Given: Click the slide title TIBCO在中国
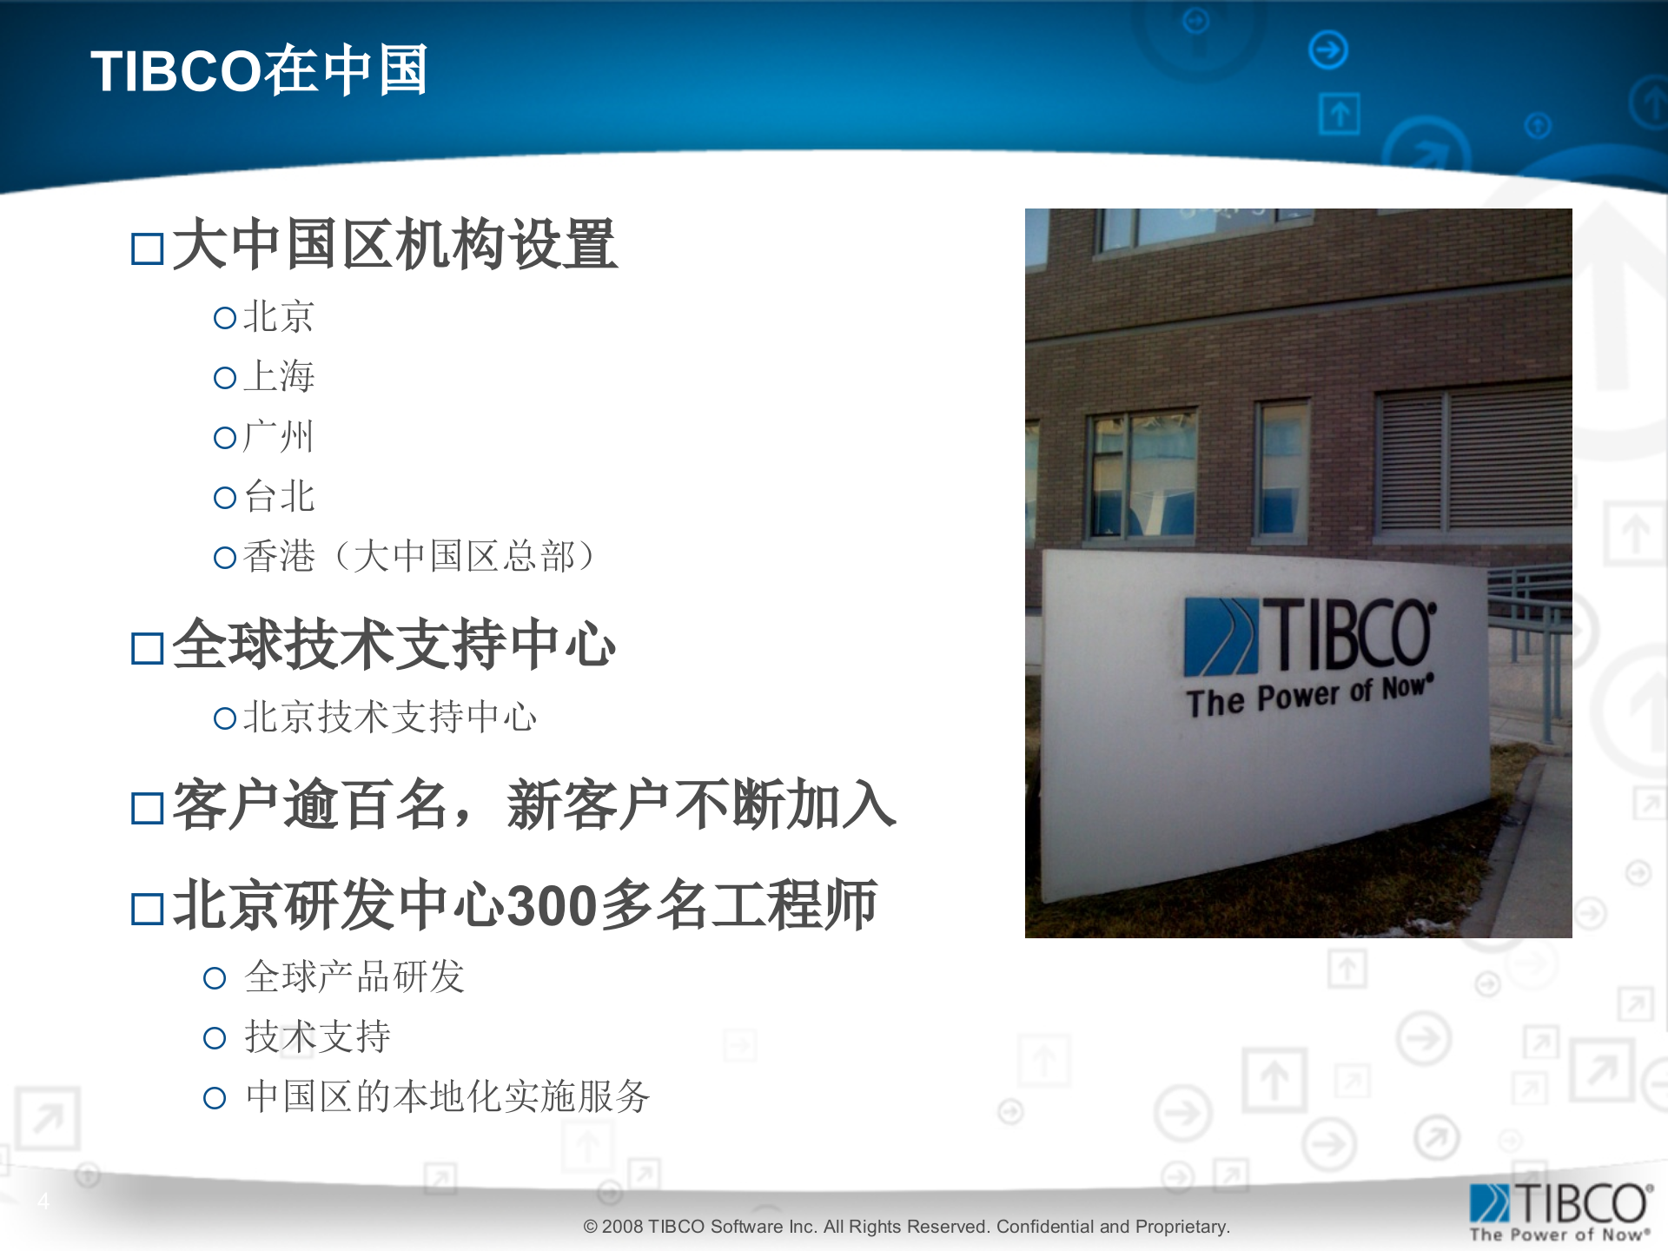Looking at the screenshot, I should (x=259, y=69).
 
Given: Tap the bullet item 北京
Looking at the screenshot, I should (x=278, y=316).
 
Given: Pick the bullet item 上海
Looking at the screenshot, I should (x=278, y=376).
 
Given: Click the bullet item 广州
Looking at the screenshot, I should (x=278, y=436).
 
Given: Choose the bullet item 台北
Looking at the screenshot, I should (x=278, y=496).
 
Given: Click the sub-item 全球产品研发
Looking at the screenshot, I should (x=354, y=976).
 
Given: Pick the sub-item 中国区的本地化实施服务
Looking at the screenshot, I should (x=447, y=1096).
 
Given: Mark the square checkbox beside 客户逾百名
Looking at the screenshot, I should (x=147, y=808).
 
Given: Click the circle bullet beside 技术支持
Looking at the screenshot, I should (x=214, y=1038).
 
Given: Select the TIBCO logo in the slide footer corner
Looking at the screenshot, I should (x=1560, y=1211).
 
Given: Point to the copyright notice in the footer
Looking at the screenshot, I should (x=906, y=1227).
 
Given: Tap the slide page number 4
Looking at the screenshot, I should (x=43, y=1201).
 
